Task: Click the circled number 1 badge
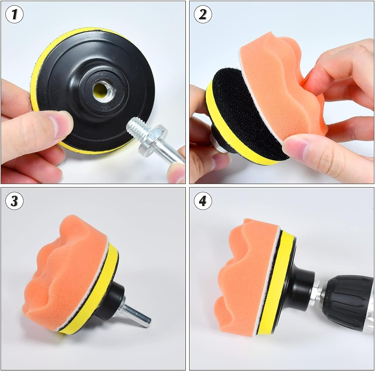(x=14, y=15)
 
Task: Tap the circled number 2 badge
(x=203, y=15)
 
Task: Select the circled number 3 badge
(x=14, y=201)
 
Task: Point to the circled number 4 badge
(x=203, y=201)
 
